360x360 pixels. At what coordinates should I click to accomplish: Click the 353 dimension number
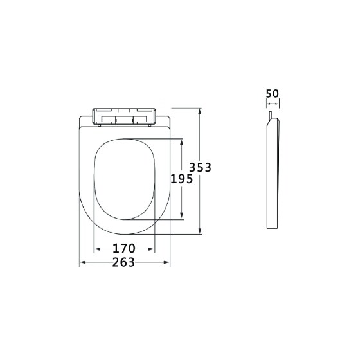click(200, 167)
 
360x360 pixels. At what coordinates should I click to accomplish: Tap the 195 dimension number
click(181, 179)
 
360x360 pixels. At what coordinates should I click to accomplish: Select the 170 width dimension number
click(124, 248)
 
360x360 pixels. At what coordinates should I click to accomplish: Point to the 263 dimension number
click(123, 262)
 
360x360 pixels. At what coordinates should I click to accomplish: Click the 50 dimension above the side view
click(273, 93)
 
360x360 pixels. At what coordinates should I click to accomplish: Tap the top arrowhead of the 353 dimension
click(200, 111)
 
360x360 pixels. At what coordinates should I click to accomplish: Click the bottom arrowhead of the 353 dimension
click(200, 231)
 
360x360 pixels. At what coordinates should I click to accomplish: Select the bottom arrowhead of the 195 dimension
click(181, 215)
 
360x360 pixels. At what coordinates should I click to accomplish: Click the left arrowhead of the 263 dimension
click(83, 262)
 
